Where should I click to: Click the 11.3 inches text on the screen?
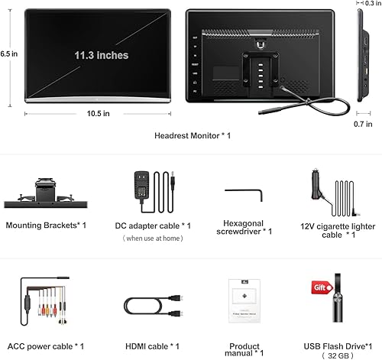pos(101,55)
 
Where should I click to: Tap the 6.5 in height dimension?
pos(8,54)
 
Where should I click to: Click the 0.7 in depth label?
pos(364,122)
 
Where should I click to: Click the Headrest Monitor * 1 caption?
pos(192,135)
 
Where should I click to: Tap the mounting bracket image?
pos(47,189)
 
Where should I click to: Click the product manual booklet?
pos(244,296)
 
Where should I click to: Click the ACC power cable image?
pos(45,300)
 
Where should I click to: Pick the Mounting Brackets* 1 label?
pos(46,225)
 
